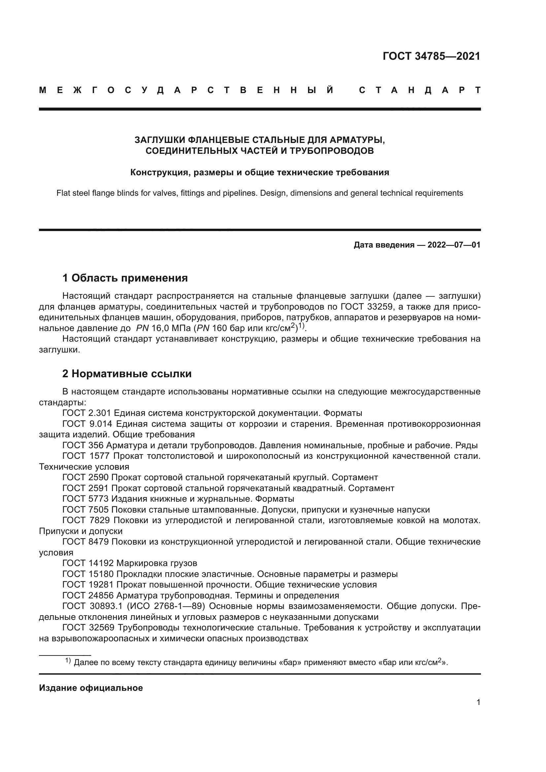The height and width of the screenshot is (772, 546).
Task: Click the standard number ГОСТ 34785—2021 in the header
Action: pyautogui.click(x=431, y=56)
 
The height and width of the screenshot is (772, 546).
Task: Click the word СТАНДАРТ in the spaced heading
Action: pyautogui.click(x=420, y=90)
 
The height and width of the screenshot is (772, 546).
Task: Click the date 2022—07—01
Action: pyautogui.click(x=454, y=245)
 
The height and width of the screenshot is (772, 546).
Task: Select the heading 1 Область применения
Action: pyautogui.click(x=125, y=278)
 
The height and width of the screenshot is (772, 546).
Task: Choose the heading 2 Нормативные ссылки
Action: pyautogui.click(x=127, y=374)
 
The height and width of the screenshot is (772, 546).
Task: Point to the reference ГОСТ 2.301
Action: pyautogui.click(x=87, y=413)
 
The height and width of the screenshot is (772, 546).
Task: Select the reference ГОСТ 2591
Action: pyautogui.click(x=85, y=488)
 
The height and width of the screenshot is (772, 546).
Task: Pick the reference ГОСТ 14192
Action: pyautogui.click(x=88, y=563)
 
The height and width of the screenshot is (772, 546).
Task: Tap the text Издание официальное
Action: pyautogui.click(x=91, y=688)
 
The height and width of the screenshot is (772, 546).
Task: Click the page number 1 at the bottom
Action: pyautogui.click(x=478, y=702)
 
